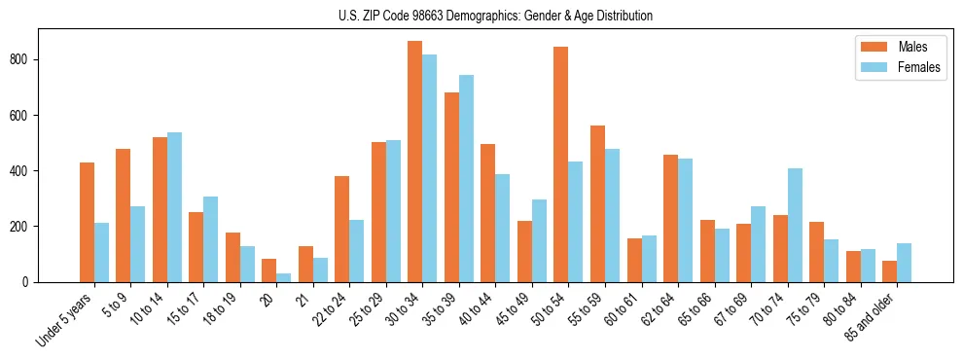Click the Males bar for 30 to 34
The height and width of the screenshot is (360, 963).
[415, 162]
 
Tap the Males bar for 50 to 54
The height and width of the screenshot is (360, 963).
[561, 164]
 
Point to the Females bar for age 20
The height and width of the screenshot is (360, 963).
[284, 277]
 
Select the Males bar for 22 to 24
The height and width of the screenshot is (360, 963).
[342, 229]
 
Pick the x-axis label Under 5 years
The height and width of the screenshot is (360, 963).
[65, 319]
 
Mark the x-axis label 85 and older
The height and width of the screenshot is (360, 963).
[871, 317]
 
